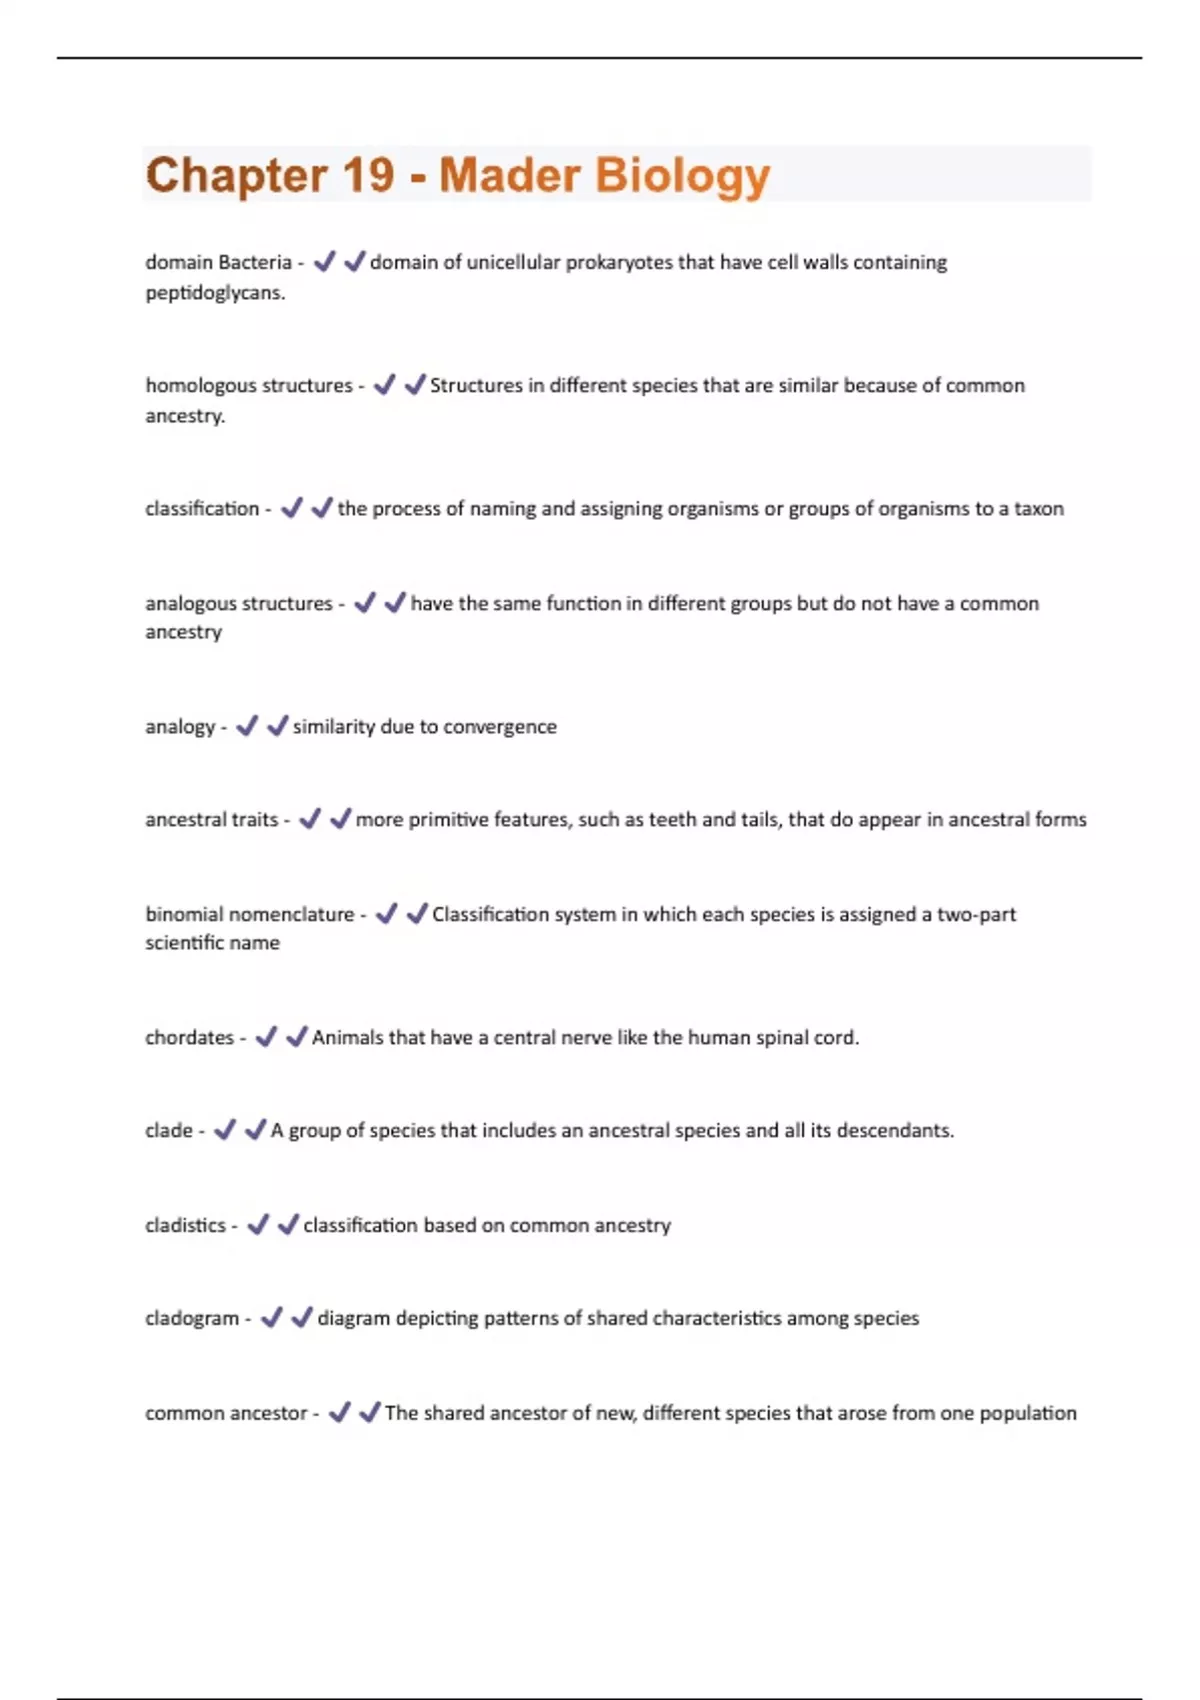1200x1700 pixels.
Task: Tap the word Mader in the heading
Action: [x=509, y=175]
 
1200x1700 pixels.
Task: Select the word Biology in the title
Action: [x=682, y=177]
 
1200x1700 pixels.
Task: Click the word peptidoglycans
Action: [x=215, y=293]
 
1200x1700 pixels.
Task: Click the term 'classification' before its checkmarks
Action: [x=202, y=508]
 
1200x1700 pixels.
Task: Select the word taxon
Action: [x=1038, y=508]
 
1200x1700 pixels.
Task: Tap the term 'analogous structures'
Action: [x=238, y=603]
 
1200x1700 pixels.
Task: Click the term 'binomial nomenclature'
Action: [x=249, y=914]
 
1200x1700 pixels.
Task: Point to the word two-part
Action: [x=976, y=914]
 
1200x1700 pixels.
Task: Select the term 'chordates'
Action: [x=189, y=1037]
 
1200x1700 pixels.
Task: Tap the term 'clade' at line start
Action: [x=168, y=1130]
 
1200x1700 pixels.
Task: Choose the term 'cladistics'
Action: [x=185, y=1225]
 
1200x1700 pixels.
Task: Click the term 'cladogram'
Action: [x=192, y=1318]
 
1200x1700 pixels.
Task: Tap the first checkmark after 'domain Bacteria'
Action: [x=324, y=262]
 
